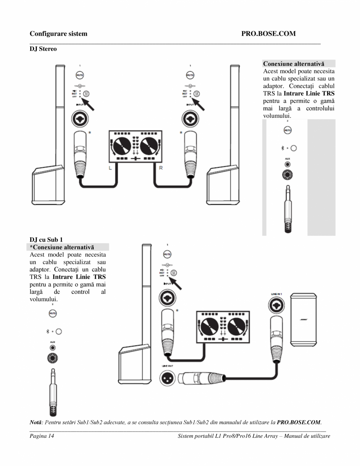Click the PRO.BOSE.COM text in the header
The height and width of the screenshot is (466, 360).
(x=268, y=34)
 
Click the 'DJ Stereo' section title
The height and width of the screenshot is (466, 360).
(x=43, y=49)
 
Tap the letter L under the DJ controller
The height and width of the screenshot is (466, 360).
(x=110, y=168)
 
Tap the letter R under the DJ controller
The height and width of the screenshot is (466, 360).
(x=161, y=168)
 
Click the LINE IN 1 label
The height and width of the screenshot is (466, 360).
(x=277, y=293)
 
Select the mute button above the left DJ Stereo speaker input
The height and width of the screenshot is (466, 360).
(x=80, y=75)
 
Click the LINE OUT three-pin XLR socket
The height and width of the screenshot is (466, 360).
(x=167, y=378)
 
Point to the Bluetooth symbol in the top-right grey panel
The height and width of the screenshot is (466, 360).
(x=282, y=148)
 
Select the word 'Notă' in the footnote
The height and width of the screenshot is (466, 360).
(x=37, y=422)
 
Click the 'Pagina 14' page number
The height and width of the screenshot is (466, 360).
(x=42, y=436)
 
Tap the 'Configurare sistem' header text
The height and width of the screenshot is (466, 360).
(x=58, y=34)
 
